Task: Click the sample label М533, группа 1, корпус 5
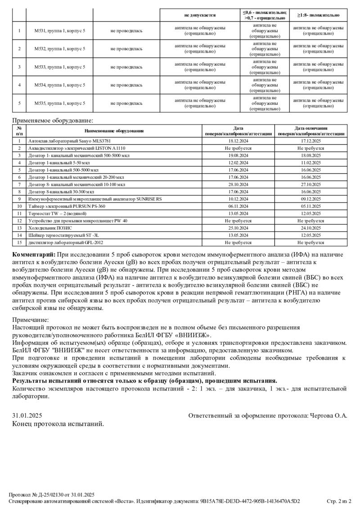click(x=60, y=67)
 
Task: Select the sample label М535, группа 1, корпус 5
click(x=60, y=103)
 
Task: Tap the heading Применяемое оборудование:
click(x=53, y=121)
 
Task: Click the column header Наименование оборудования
click(x=114, y=131)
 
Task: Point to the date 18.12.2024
click(x=238, y=141)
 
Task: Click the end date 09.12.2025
click(x=310, y=199)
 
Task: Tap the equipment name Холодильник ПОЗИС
click(x=49, y=228)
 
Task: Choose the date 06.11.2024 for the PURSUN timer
click(x=238, y=206)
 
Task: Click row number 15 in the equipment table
click(x=19, y=242)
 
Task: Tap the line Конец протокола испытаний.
click(x=58, y=424)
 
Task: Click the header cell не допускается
click(x=200, y=15)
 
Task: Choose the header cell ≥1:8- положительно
click(x=318, y=15)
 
